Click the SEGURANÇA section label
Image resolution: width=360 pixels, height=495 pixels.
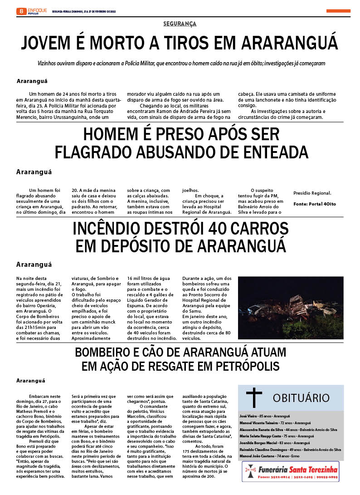(180, 24)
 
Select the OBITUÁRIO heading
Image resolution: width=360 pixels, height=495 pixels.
(301, 398)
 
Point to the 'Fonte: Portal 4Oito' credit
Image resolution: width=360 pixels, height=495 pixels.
(315, 204)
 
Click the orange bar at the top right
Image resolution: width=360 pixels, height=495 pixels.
(338, 11)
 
